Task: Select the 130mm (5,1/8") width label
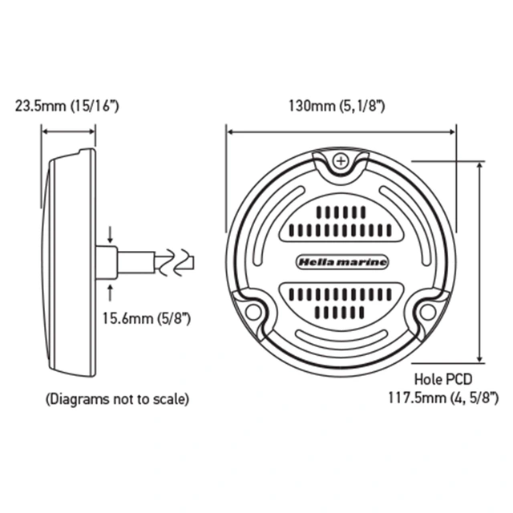click(x=341, y=106)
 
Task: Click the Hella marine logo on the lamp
click(x=341, y=262)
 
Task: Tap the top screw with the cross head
click(x=341, y=160)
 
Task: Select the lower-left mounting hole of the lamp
click(x=254, y=311)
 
